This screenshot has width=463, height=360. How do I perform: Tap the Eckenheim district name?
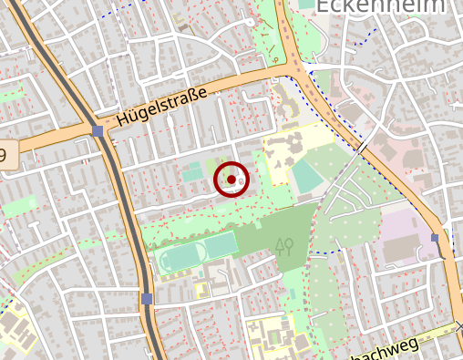[381, 7]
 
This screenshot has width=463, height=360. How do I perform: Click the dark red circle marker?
[231, 180]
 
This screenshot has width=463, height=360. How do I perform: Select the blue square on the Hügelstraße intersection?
[98, 131]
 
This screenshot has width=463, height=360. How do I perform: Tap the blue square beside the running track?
[147, 298]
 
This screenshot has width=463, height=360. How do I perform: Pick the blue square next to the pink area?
[435, 238]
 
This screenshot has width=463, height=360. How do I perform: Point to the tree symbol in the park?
[284, 245]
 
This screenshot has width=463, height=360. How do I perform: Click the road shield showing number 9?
[7, 154]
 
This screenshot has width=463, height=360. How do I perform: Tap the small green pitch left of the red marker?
[192, 170]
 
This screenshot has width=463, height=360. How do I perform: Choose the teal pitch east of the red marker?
[306, 176]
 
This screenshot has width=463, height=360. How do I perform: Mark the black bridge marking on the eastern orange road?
[362, 146]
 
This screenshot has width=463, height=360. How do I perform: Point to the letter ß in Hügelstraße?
[193, 94]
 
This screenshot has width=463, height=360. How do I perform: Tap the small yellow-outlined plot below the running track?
[201, 290]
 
